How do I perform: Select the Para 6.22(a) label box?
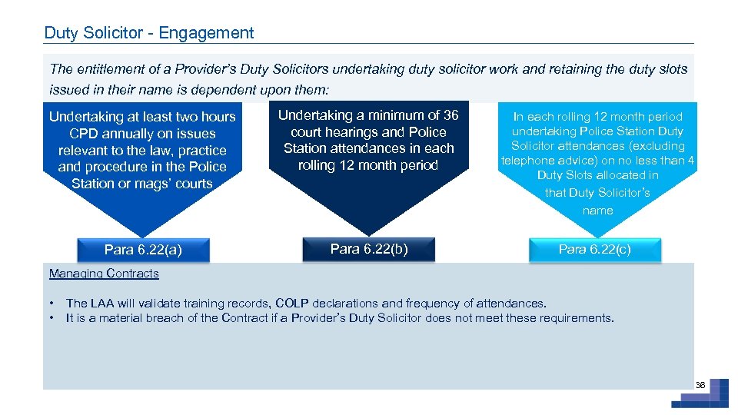[x=143, y=250]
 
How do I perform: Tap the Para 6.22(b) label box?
[x=369, y=248]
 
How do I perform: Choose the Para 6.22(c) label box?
[x=594, y=249]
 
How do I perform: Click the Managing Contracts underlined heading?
[x=104, y=274]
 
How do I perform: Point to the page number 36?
[x=700, y=384]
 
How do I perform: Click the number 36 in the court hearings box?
[x=450, y=115]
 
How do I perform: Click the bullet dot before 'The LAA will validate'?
[x=52, y=304]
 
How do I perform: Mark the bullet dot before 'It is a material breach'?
[x=52, y=318]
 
